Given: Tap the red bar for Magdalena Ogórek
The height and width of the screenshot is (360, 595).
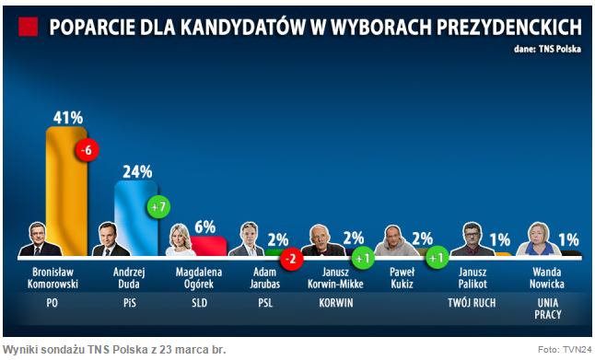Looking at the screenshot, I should (x=208, y=246).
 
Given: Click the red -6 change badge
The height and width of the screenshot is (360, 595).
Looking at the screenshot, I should (x=87, y=150).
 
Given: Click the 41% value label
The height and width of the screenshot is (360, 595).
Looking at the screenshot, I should (x=67, y=117).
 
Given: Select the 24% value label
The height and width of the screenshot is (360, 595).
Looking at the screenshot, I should (x=136, y=170).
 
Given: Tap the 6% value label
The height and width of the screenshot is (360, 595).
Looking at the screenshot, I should (x=204, y=226).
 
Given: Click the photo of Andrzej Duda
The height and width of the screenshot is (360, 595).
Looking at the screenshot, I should (x=111, y=239).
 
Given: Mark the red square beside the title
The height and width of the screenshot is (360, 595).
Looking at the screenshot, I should (x=29, y=27).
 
